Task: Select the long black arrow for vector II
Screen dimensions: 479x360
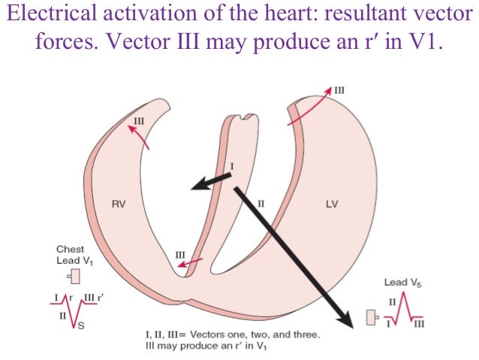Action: click(x=293, y=256)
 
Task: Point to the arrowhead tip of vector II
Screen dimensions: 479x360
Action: click(x=351, y=326)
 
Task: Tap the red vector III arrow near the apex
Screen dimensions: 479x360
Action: click(x=193, y=262)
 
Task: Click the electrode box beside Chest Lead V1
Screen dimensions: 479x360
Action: click(x=75, y=275)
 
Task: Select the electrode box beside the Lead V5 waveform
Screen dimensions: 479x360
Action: click(x=370, y=318)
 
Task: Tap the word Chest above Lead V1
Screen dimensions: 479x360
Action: click(x=70, y=249)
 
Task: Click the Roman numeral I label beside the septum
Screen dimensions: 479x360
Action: click(x=232, y=165)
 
